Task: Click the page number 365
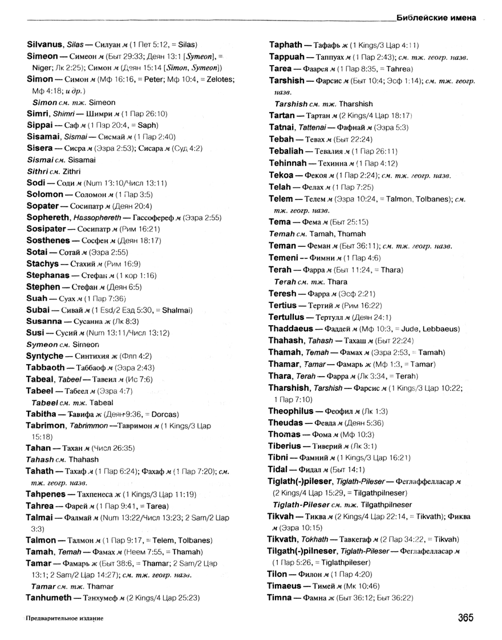(465, 617)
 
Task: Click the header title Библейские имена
(435, 17)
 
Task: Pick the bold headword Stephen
(43, 287)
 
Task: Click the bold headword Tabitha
(42, 414)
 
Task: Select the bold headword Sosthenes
(48, 241)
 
